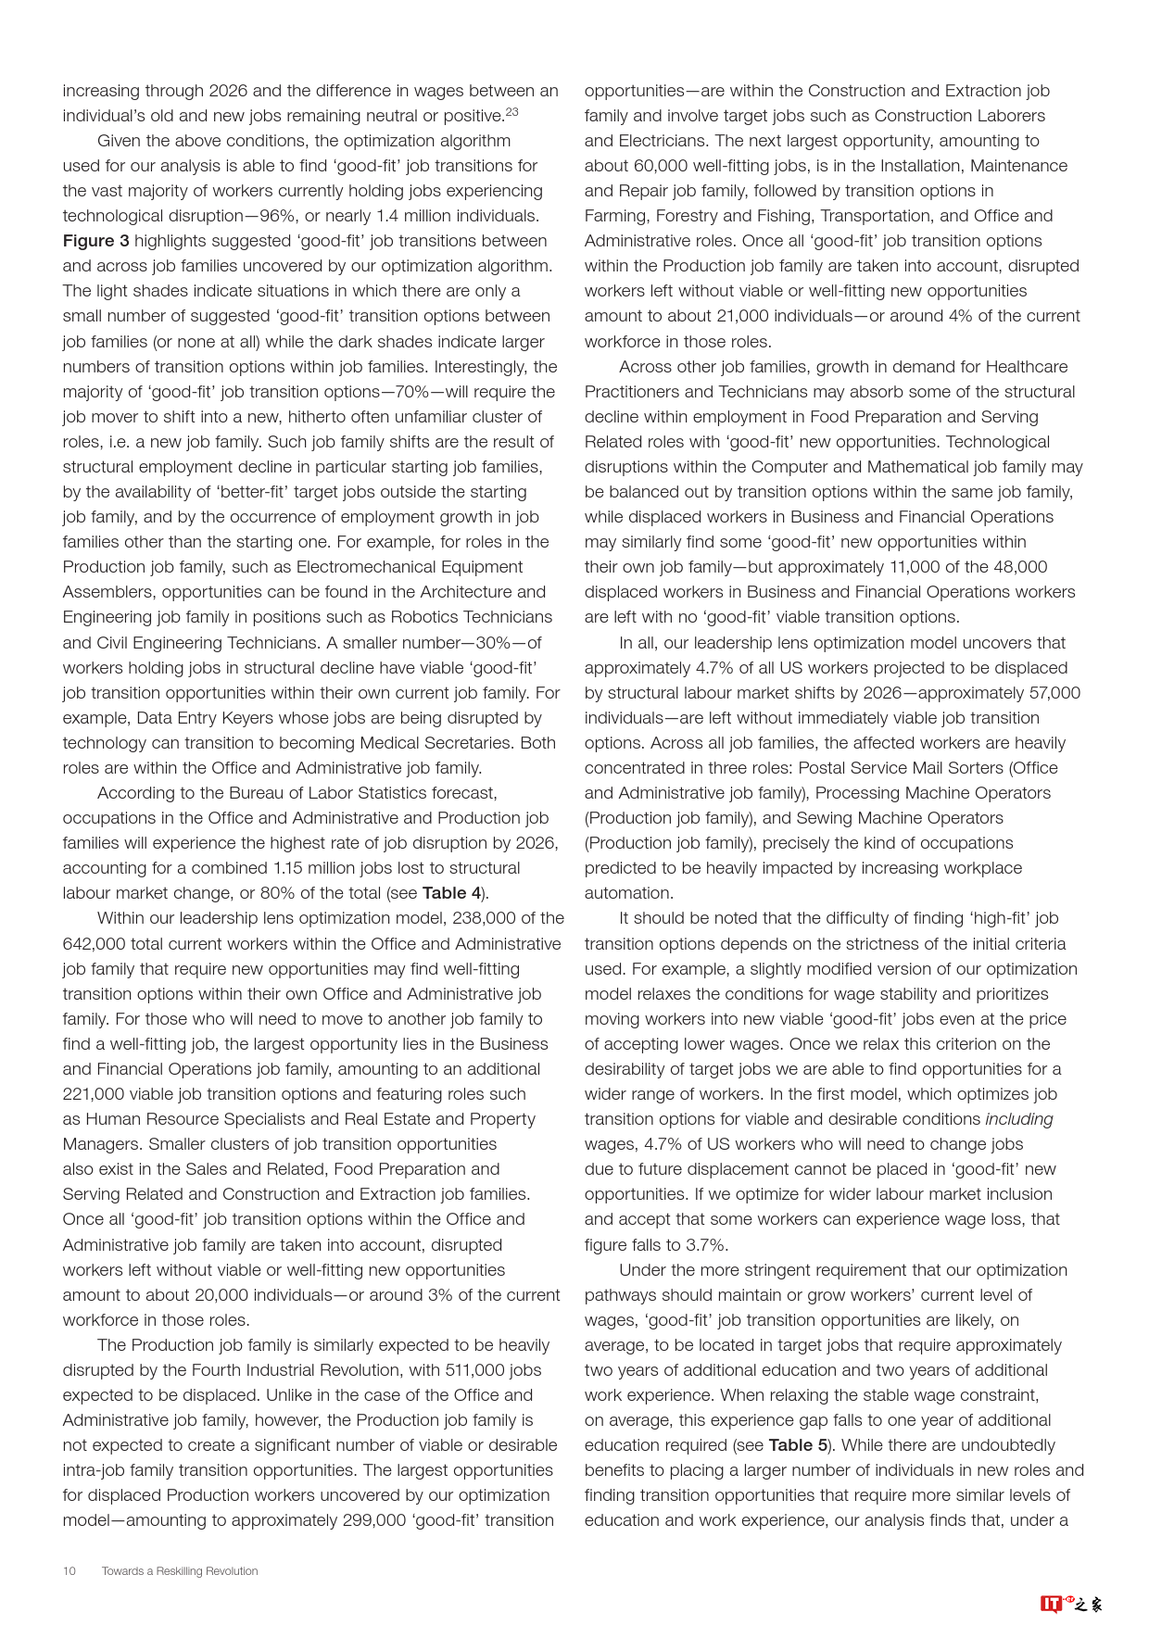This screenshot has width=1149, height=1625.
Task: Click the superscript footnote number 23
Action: coord(512,112)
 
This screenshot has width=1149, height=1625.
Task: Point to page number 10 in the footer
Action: coord(69,1571)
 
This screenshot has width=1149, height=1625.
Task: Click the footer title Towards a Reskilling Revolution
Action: coord(180,1571)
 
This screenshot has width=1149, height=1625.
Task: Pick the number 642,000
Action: coord(95,944)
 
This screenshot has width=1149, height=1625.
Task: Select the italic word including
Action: coord(1019,1119)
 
